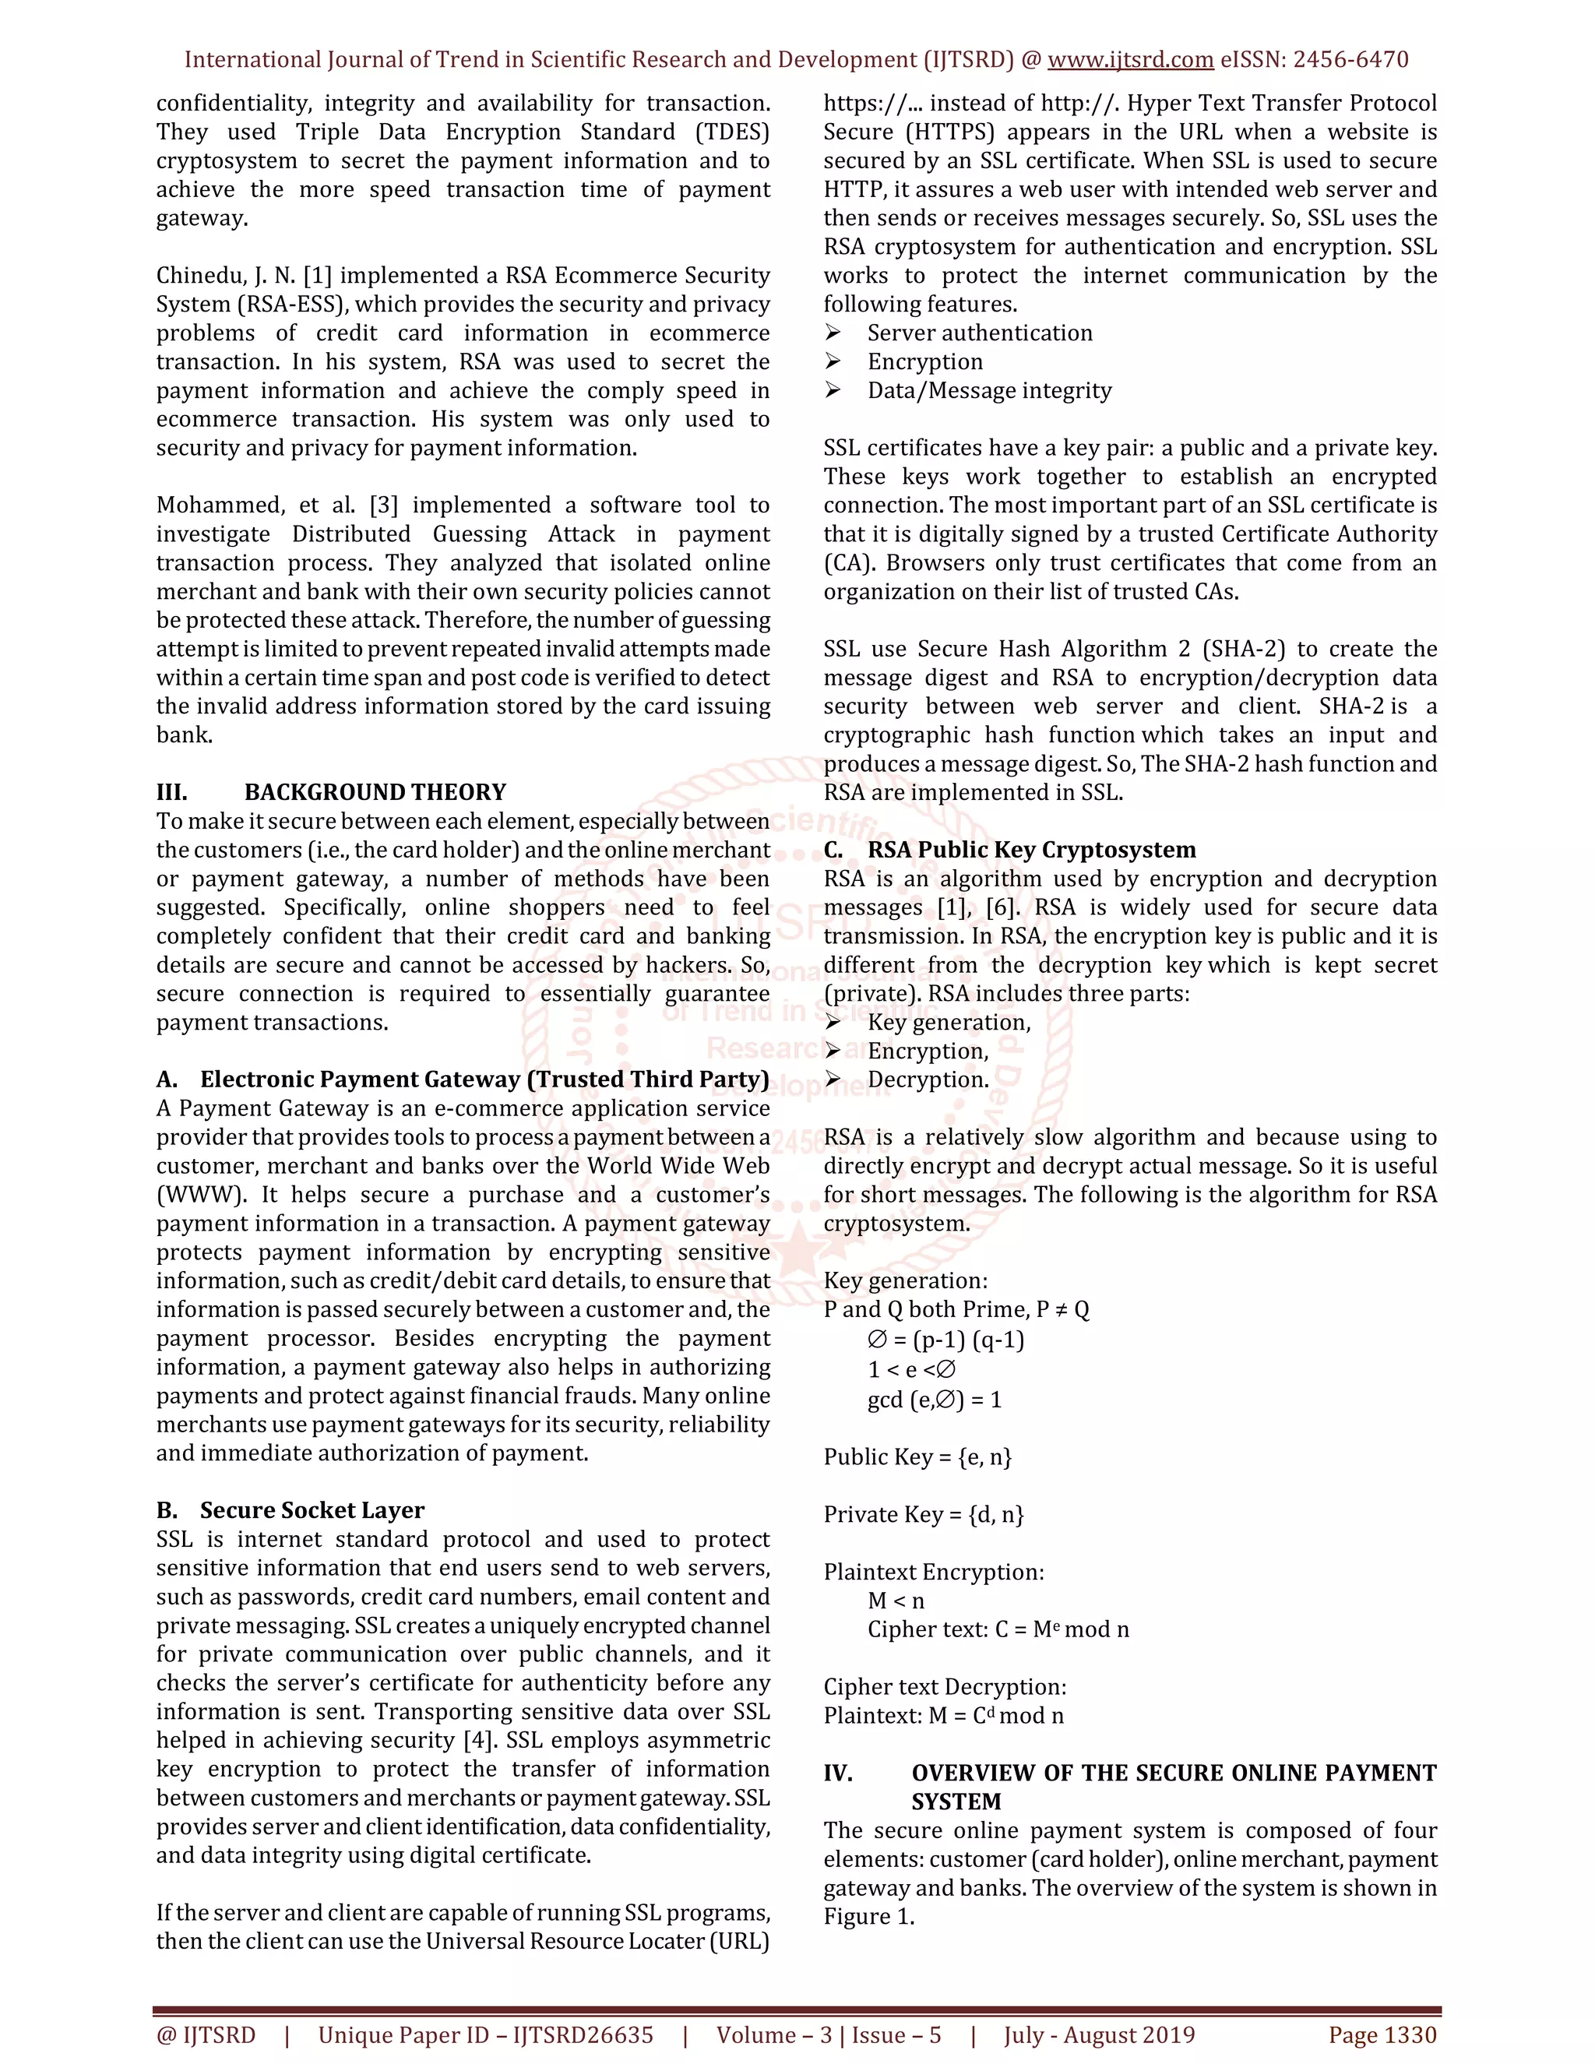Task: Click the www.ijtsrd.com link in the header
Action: tap(1130, 59)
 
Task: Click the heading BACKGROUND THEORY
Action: tap(375, 792)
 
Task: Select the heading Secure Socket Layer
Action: tap(312, 1510)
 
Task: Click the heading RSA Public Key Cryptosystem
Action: tap(1031, 850)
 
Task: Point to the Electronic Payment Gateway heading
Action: tap(484, 1080)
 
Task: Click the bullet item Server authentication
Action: tap(979, 333)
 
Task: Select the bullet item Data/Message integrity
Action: tap(988, 390)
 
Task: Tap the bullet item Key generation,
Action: tap(949, 1023)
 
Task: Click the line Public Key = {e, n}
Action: tap(917, 1456)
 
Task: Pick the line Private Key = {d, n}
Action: tap(923, 1514)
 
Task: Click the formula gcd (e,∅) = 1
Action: tap(934, 1400)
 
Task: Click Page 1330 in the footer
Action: tap(1382, 2034)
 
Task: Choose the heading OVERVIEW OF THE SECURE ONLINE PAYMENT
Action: tap(1173, 1773)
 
